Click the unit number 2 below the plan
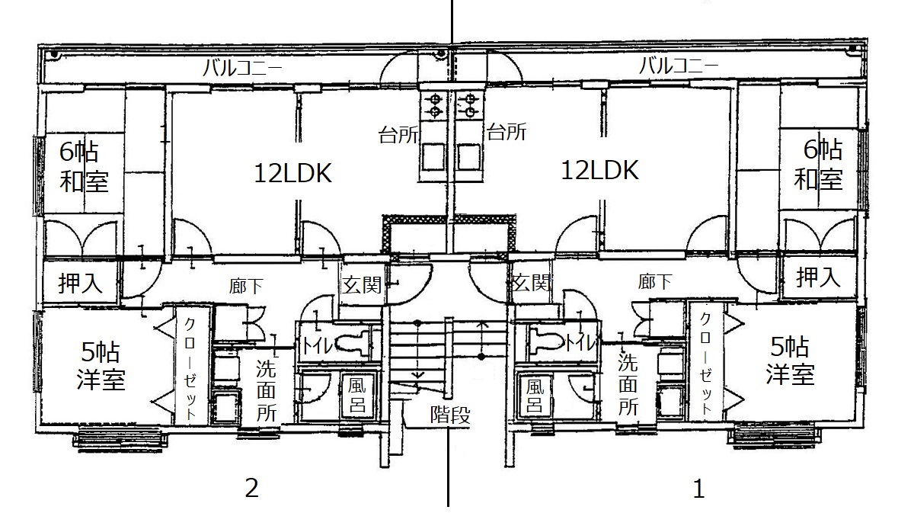pyautogui.click(x=252, y=487)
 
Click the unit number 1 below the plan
pyautogui.click(x=698, y=488)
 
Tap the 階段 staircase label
pyautogui.click(x=450, y=415)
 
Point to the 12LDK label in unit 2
pyautogui.click(x=292, y=173)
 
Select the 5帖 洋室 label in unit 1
pyautogui.click(x=790, y=361)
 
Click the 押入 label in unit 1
pyautogui.click(x=819, y=277)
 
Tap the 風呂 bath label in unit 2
pyautogui.click(x=357, y=394)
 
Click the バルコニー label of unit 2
pyautogui.click(x=242, y=67)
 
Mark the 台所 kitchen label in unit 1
pyautogui.click(x=507, y=133)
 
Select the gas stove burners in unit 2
pyautogui.click(x=435, y=104)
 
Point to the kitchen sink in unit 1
pyautogui.click(x=469, y=157)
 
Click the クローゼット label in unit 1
pyautogui.click(x=705, y=363)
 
